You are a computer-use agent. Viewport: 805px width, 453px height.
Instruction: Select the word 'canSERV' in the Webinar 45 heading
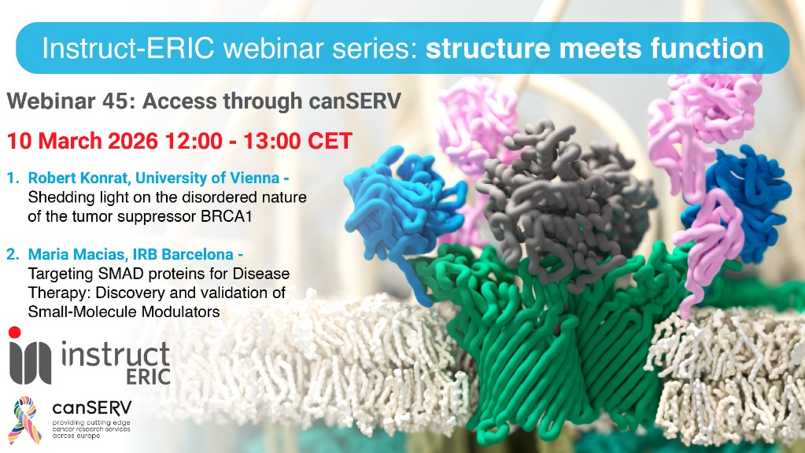click(355, 101)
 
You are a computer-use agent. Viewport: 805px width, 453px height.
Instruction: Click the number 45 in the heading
click(119, 101)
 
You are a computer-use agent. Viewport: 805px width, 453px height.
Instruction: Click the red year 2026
click(128, 141)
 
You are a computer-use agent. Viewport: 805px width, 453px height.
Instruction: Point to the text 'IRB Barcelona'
click(183, 255)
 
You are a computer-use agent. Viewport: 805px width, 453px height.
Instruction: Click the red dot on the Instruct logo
click(15, 333)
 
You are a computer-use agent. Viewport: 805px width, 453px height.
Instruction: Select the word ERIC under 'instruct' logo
click(149, 376)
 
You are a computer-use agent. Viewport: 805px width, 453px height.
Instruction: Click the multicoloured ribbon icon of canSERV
click(25, 420)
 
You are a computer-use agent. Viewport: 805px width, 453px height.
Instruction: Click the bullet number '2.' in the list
click(13, 255)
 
